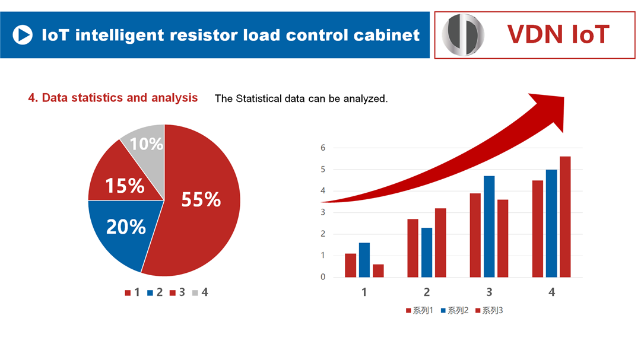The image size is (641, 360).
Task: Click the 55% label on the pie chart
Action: (x=201, y=199)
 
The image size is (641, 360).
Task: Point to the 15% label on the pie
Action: (x=125, y=186)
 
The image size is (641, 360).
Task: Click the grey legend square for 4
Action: (x=195, y=292)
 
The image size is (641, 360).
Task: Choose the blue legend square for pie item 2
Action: (x=150, y=292)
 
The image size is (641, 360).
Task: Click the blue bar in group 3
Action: (x=489, y=227)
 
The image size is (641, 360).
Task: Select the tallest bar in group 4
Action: (x=565, y=216)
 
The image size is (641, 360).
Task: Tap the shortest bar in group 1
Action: (x=378, y=271)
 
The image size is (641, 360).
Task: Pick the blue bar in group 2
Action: (x=427, y=253)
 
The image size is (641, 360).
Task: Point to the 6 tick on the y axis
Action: (x=323, y=148)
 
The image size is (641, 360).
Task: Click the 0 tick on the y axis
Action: (x=323, y=277)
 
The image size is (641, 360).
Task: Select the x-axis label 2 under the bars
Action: (x=427, y=292)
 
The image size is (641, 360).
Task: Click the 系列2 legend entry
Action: (x=455, y=311)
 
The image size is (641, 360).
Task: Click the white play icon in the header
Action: (x=23, y=35)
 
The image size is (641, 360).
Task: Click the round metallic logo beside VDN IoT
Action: (x=464, y=35)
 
